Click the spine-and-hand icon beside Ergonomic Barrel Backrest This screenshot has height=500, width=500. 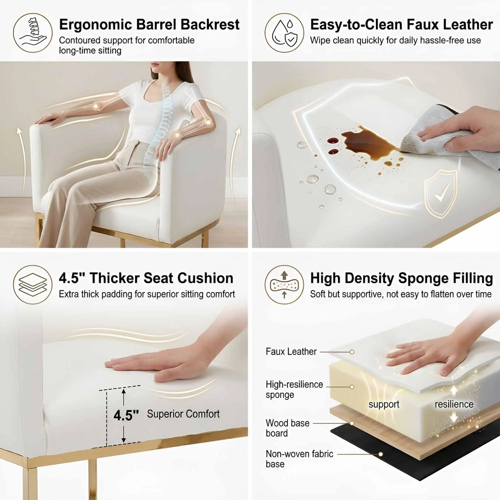33,32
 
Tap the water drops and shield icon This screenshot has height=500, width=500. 284,32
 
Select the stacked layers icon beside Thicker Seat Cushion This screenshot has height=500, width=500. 33,284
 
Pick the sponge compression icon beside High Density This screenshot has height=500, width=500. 284,284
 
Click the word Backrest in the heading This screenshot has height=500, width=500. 210,25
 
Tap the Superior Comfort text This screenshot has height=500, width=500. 183,414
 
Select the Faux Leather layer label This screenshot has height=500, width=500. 291,351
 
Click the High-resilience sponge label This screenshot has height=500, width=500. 294,389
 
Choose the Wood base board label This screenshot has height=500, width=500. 287,428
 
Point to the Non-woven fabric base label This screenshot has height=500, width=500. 300,458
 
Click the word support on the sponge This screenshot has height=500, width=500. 384,404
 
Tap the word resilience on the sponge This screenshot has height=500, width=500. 454,404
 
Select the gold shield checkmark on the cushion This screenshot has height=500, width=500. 440,194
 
